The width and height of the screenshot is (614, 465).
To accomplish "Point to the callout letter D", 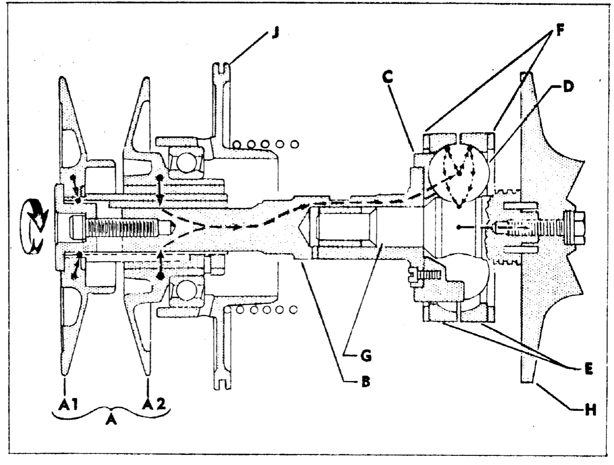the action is (567, 86).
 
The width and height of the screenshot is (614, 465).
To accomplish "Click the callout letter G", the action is (365, 356).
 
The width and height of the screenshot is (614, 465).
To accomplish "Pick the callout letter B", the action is (365, 381).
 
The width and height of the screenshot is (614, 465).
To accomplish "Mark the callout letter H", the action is (590, 411).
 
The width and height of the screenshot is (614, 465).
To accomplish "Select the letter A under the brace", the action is (111, 427).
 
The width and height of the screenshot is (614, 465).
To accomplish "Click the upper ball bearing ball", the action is (187, 163).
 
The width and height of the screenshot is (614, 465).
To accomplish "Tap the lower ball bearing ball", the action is (186, 291).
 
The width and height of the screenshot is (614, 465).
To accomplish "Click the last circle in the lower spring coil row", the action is (294, 309).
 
